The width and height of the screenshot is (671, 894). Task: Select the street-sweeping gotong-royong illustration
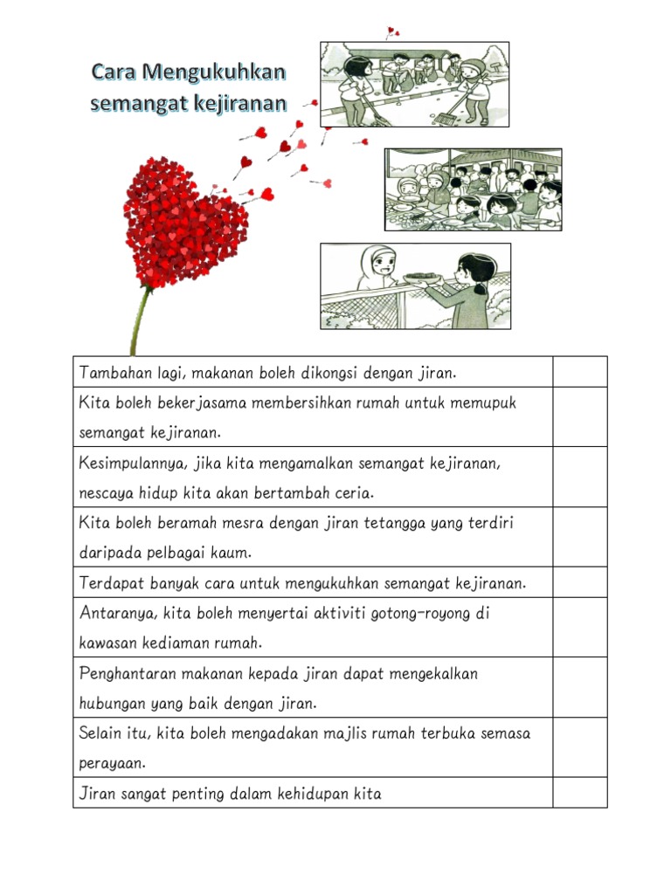[x=414, y=84]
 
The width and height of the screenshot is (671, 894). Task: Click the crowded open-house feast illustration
[x=473, y=189]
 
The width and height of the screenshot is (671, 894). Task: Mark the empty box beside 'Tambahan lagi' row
[x=579, y=372]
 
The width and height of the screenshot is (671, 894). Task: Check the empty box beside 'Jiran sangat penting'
[x=579, y=793]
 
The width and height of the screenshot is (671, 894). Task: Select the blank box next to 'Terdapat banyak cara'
[x=579, y=582]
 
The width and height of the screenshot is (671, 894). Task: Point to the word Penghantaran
[x=129, y=674]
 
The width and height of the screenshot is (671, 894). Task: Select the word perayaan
[x=111, y=763]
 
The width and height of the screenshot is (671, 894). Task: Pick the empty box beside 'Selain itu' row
[x=579, y=747]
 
